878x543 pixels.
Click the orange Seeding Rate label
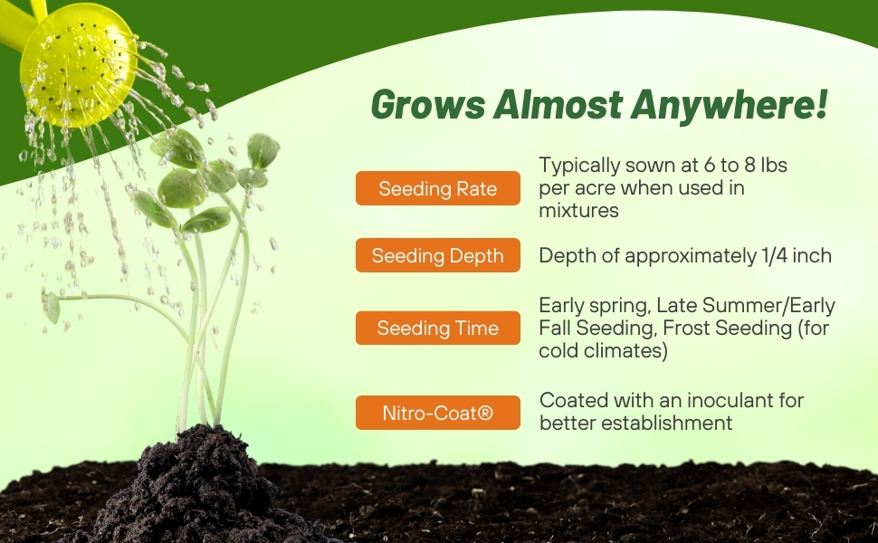pyautogui.click(x=438, y=188)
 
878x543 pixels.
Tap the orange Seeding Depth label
pyautogui.click(x=438, y=255)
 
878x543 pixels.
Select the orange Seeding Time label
pyautogui.click(x=438, y=328)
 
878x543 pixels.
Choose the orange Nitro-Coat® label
pyautogui.click(x=438, y=413)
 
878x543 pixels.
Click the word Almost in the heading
pyautogui.click(x=560, y=106)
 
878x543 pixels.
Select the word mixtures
pyautogui.click(x=578, y=211)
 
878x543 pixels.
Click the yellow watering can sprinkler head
pyautogui.click(x=78, y=63)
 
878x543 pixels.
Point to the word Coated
pyautogui.click(x=569, y=400)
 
